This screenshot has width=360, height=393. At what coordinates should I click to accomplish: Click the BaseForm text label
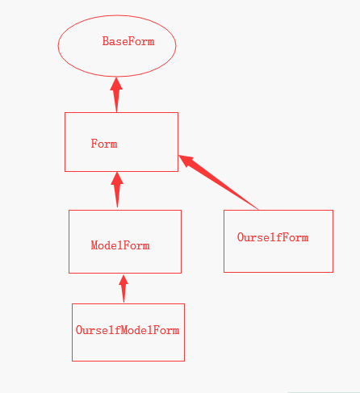pos(128,41)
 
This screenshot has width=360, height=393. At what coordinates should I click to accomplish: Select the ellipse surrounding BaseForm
pos(58,46)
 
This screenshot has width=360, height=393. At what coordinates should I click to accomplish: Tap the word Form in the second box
pos(104,144)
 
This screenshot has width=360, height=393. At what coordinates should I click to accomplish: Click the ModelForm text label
pos(120,245)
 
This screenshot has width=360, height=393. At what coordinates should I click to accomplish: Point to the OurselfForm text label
pos(273,237)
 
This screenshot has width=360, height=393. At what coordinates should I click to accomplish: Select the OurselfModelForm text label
pos(128,330)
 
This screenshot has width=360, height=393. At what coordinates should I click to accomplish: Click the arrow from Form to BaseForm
pos(116,94)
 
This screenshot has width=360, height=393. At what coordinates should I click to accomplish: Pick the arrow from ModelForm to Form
pos(117,190)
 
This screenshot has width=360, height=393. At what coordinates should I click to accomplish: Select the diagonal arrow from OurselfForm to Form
pos(218,182)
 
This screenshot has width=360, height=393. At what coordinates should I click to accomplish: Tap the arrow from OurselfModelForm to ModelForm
pos(123,289)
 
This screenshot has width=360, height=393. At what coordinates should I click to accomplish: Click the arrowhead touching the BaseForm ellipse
pos(116,84)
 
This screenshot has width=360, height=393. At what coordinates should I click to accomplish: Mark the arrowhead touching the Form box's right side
pos(186,161)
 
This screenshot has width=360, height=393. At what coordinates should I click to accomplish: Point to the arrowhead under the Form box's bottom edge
pos(117,178)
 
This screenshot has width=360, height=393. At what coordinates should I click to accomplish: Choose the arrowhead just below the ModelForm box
pos(123,280)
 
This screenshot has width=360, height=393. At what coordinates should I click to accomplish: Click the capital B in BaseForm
pos(106,41)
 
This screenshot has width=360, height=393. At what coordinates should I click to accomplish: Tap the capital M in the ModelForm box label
pos(94,245)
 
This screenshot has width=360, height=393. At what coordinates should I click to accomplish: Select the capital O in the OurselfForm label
pos(241,237)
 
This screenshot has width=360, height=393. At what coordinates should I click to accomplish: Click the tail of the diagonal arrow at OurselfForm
pos(257,209)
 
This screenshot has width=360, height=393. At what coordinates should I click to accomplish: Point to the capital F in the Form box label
pos(94,144)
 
